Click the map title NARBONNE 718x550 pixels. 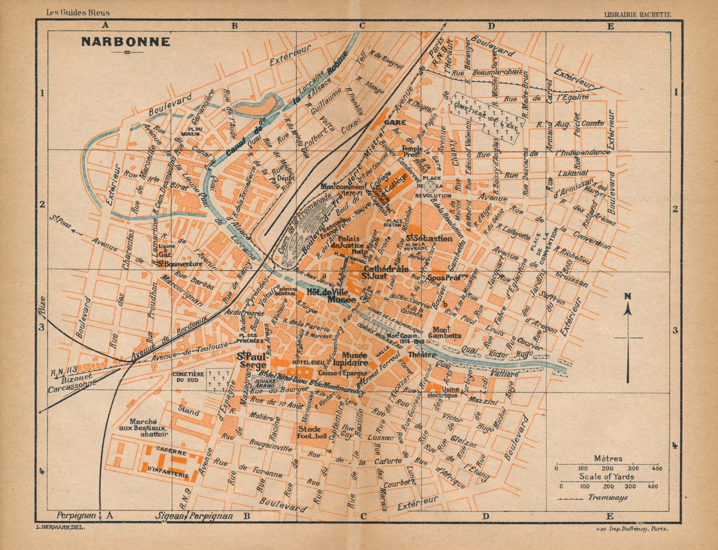point(125,42)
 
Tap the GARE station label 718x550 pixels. point(395,122)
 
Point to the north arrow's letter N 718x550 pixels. point(628,297)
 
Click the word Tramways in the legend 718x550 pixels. point(607,498)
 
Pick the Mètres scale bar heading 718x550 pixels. point(608,458)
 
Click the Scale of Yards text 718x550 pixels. point(606,476)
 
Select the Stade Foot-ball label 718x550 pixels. point(312,432)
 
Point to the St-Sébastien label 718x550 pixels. point(429,238)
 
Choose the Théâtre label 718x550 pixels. point(422,355)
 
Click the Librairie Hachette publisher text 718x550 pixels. point(638,15)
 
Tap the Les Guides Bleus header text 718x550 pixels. point(78,12)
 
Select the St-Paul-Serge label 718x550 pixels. point(253,360)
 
